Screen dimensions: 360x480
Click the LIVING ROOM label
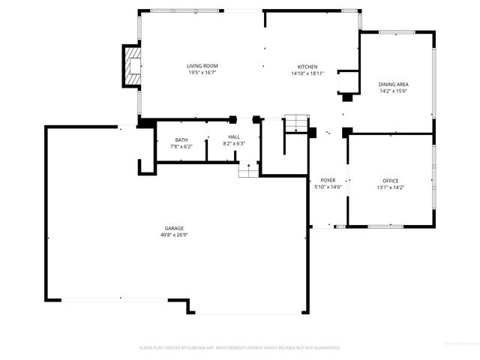(202, 67)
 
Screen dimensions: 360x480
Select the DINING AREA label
(393, 84)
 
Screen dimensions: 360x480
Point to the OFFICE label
(391, 181)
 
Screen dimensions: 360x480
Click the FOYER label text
(328, 181)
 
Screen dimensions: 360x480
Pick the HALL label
(234, 136)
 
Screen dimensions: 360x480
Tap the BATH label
(181, 139)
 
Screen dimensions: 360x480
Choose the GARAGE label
(175, 228)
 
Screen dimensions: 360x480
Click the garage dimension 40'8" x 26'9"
(175, 235)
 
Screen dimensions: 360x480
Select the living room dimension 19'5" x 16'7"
(202, 73)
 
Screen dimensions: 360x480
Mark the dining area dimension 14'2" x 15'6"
(393, 91)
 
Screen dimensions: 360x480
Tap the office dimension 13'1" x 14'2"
(391, 187)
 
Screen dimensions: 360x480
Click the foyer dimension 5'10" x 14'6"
(328, 187)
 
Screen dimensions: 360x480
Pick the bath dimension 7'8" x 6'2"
(181, 146)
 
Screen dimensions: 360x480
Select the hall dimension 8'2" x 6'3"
(234, 143)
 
